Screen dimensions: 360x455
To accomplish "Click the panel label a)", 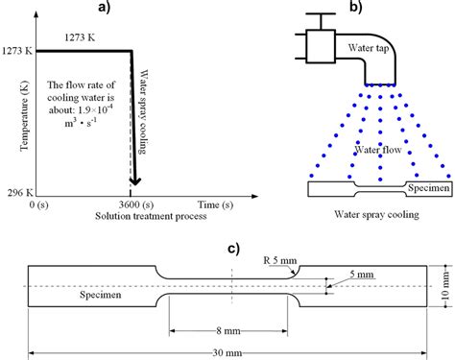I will pos(132,10).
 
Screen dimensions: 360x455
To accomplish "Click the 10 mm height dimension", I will pos(445,287).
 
